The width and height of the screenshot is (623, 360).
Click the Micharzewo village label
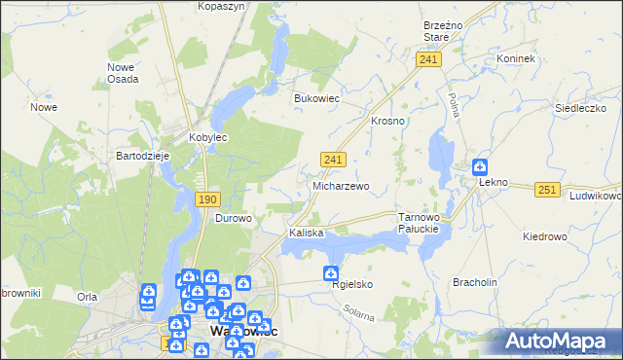coord(340,185)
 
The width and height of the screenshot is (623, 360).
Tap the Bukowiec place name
coord(315,98)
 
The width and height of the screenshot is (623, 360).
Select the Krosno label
coord(387,121)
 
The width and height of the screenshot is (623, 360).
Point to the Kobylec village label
coord(207,138)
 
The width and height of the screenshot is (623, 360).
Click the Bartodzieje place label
coord(143,156)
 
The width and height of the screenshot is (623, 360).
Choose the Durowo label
coord(234,218)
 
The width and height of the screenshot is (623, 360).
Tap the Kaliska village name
coord(305,234)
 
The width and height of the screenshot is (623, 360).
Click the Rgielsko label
coord(352,284)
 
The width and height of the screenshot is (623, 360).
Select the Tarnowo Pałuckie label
coord(421,223)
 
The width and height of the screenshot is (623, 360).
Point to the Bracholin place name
coord(475,282)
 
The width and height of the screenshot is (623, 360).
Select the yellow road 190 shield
coord(206,199)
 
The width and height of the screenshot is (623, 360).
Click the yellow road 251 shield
coord(547,189)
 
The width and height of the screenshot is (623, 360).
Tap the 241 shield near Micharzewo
coord(332,159)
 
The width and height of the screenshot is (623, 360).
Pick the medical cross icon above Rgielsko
coord(331,274)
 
